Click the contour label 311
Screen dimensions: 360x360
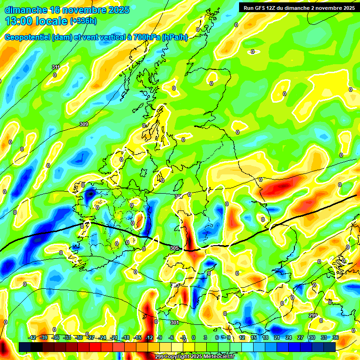(56, 67)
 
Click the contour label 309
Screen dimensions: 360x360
(84, 124)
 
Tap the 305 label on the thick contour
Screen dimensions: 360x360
(174, 248)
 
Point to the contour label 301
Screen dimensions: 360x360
(174, 322)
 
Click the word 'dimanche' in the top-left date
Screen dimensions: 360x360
(25, 10)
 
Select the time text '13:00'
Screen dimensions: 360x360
(19, 21)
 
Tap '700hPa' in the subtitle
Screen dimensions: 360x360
(146, 37)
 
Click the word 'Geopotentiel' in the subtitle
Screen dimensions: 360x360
(27, 37)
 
